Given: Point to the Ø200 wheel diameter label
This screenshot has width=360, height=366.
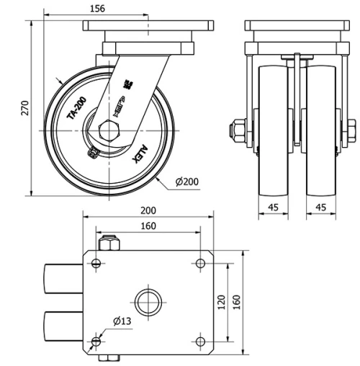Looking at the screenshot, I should click(x=187, y=182).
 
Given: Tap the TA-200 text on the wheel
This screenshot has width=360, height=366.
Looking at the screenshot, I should click(x=77, y=108).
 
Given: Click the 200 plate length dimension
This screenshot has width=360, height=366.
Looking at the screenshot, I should click(x=148, y=211).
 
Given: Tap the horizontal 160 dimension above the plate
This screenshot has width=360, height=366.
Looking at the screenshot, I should click(x=147, y=226).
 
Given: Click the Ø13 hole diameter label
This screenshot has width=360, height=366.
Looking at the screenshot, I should click(x=120, y=321).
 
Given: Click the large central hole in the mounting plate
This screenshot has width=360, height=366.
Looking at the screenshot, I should click(x=149, y=300).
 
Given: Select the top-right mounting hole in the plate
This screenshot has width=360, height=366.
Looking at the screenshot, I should click(x=199, y=264).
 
